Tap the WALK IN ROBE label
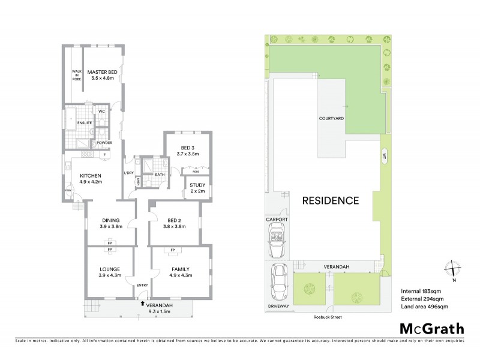[x=76, y=75]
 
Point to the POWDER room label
[x=104, y=143]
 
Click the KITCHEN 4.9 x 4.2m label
[x=91, y=178]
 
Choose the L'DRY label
[x=128, y=173]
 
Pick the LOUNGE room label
[x=110, y=272]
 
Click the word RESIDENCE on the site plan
[x=327, y=200]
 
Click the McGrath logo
[x=431, y=329]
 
